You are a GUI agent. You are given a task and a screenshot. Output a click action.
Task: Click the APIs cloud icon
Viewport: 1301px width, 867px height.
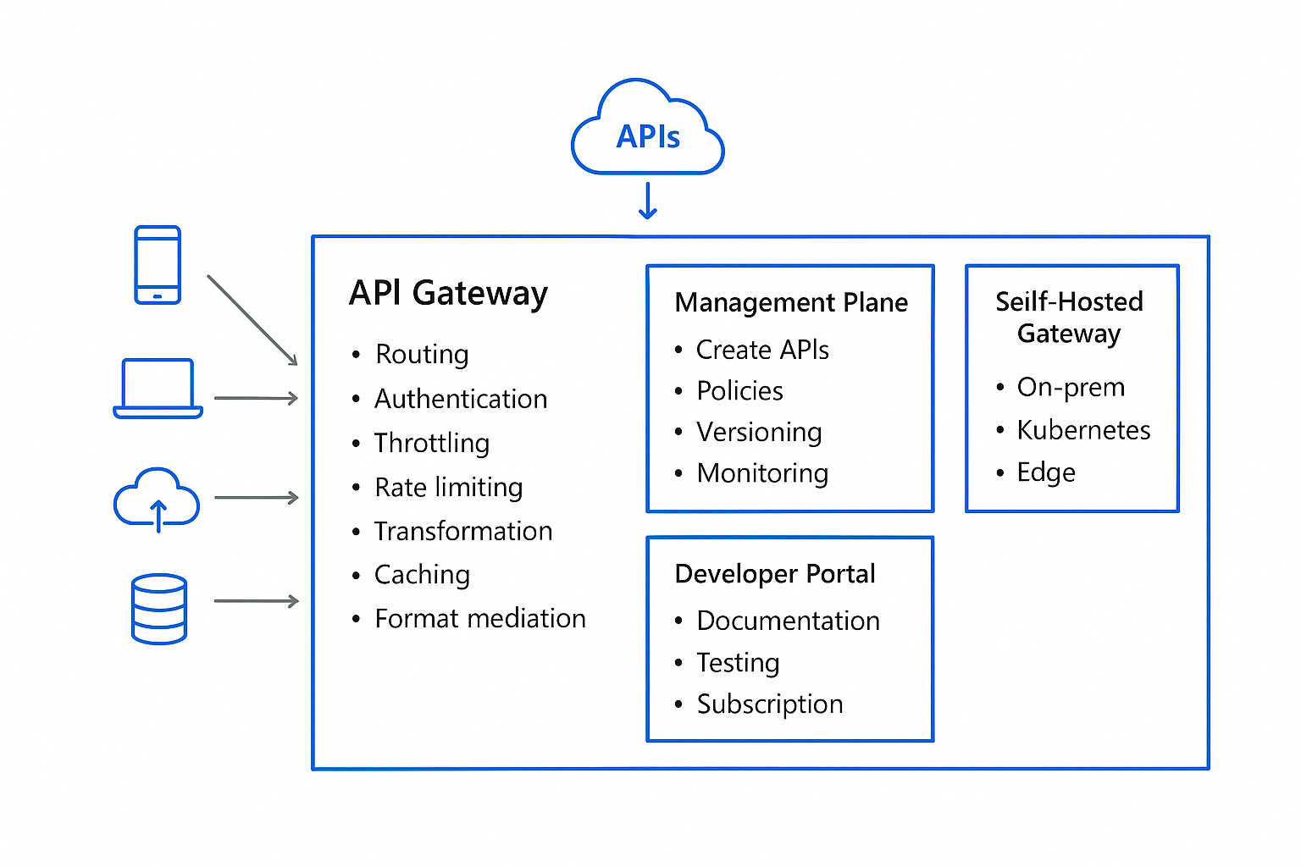pos(648,130)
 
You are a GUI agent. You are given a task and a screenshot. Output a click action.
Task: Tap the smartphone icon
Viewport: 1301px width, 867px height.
pos(158,265)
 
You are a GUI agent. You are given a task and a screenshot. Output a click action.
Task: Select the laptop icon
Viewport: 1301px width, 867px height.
pos(158,389)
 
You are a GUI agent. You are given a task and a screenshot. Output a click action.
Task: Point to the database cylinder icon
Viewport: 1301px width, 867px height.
pos(159,609)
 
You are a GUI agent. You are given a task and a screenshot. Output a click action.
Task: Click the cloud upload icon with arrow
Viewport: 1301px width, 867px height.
pos(157,500)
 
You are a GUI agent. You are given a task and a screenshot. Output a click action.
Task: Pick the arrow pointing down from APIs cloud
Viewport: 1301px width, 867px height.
pos(648,202)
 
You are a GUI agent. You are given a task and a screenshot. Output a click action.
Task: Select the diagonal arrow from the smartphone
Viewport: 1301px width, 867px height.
pos(252,320)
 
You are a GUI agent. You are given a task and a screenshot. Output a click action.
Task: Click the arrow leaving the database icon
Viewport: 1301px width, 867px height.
pos(256,601)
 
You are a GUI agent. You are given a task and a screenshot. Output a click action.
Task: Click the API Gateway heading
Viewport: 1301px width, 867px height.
pos(448,293)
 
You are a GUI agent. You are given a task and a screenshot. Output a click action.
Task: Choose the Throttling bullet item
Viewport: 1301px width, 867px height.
pos(432,443)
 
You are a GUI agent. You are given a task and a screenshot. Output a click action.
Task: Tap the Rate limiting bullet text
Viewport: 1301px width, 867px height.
pos(449,487)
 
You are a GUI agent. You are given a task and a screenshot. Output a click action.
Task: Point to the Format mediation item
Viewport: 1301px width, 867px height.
pos(480,618)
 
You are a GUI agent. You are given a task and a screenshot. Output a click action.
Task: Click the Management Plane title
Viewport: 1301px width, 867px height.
pos(791,302)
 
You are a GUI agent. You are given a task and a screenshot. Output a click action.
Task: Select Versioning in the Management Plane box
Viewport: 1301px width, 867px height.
pos(759,432)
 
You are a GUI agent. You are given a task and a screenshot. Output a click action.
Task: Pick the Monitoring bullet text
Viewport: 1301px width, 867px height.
pos(762,473)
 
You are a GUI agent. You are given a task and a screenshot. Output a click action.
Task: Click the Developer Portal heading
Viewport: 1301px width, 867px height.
pos(775,574)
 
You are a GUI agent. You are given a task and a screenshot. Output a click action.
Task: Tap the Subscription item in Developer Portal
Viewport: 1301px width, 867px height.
pos(770,704)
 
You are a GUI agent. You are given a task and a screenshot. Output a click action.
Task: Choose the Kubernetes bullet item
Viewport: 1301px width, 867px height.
pos(1083,430)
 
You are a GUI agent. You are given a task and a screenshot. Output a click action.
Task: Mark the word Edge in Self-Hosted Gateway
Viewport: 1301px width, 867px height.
pos(1046,472)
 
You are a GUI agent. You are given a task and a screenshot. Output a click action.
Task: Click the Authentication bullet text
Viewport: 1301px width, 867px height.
pos(461,399)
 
